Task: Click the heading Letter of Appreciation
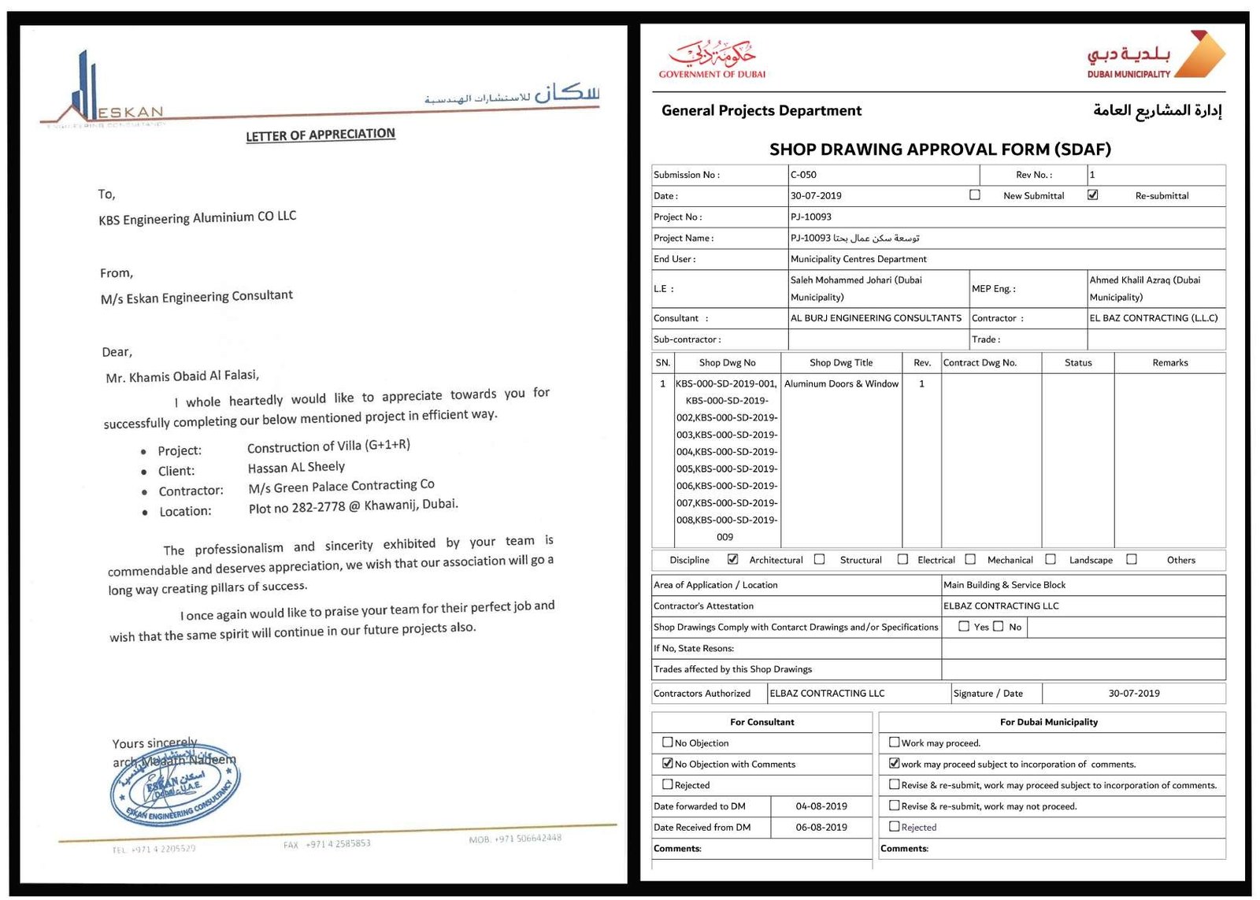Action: pos(320,135)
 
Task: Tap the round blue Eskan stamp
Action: pos(175,784)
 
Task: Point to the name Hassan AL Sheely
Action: pos(296,467)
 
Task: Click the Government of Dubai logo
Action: pos(712,58)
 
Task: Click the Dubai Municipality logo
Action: pos(1155,56)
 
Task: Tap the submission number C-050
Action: pos(803,175)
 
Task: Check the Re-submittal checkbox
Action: pos(1092,194)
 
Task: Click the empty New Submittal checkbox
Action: pos(975,194)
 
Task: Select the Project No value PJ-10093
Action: pos(810,217)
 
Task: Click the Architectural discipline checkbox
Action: pos(733,559)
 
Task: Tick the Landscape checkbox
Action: pos(1051,559)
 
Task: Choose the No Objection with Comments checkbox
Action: pos(668,763)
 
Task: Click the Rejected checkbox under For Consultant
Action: pos(668,784)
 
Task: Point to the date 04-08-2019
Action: pos(821,806)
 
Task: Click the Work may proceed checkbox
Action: pos(894,742)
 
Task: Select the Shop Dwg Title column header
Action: pos(841,363)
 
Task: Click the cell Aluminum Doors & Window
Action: pos(841,383)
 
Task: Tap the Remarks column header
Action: pos(1169,363)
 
